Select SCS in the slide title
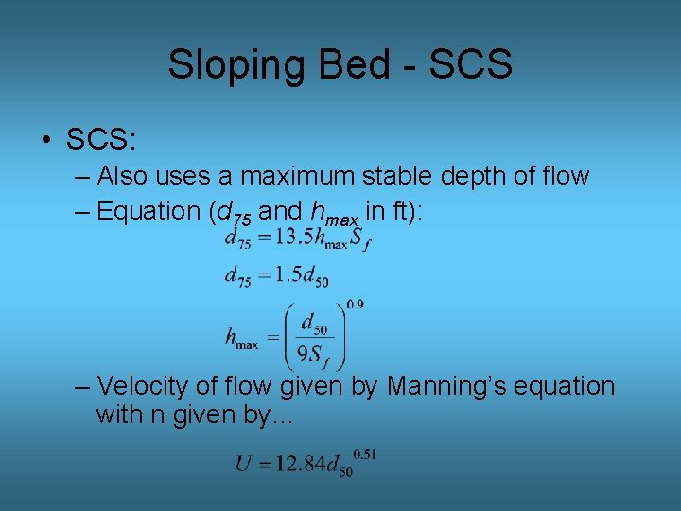[470, 64]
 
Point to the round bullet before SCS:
[46, 141]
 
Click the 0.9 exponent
[355, 304]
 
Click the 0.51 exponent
[365, 455]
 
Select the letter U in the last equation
[244, 465]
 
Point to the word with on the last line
[117, 414]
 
